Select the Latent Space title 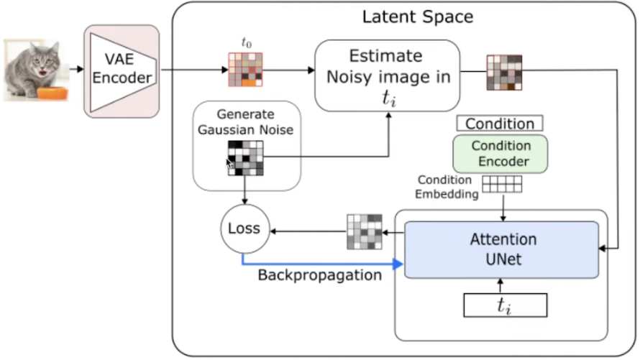point(417,17)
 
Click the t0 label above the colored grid point(246,44)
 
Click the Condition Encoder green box point(500,153)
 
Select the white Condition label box point(500,123)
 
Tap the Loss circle point(244,230)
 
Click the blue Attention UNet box point(502,249)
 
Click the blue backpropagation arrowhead point(398,264)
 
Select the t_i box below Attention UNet point(504,305)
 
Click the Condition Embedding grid point(502,185)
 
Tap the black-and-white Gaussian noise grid point(245,158)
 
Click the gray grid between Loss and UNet point(365,231)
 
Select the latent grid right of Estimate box point(504,73)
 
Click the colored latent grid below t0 point(245,70)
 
